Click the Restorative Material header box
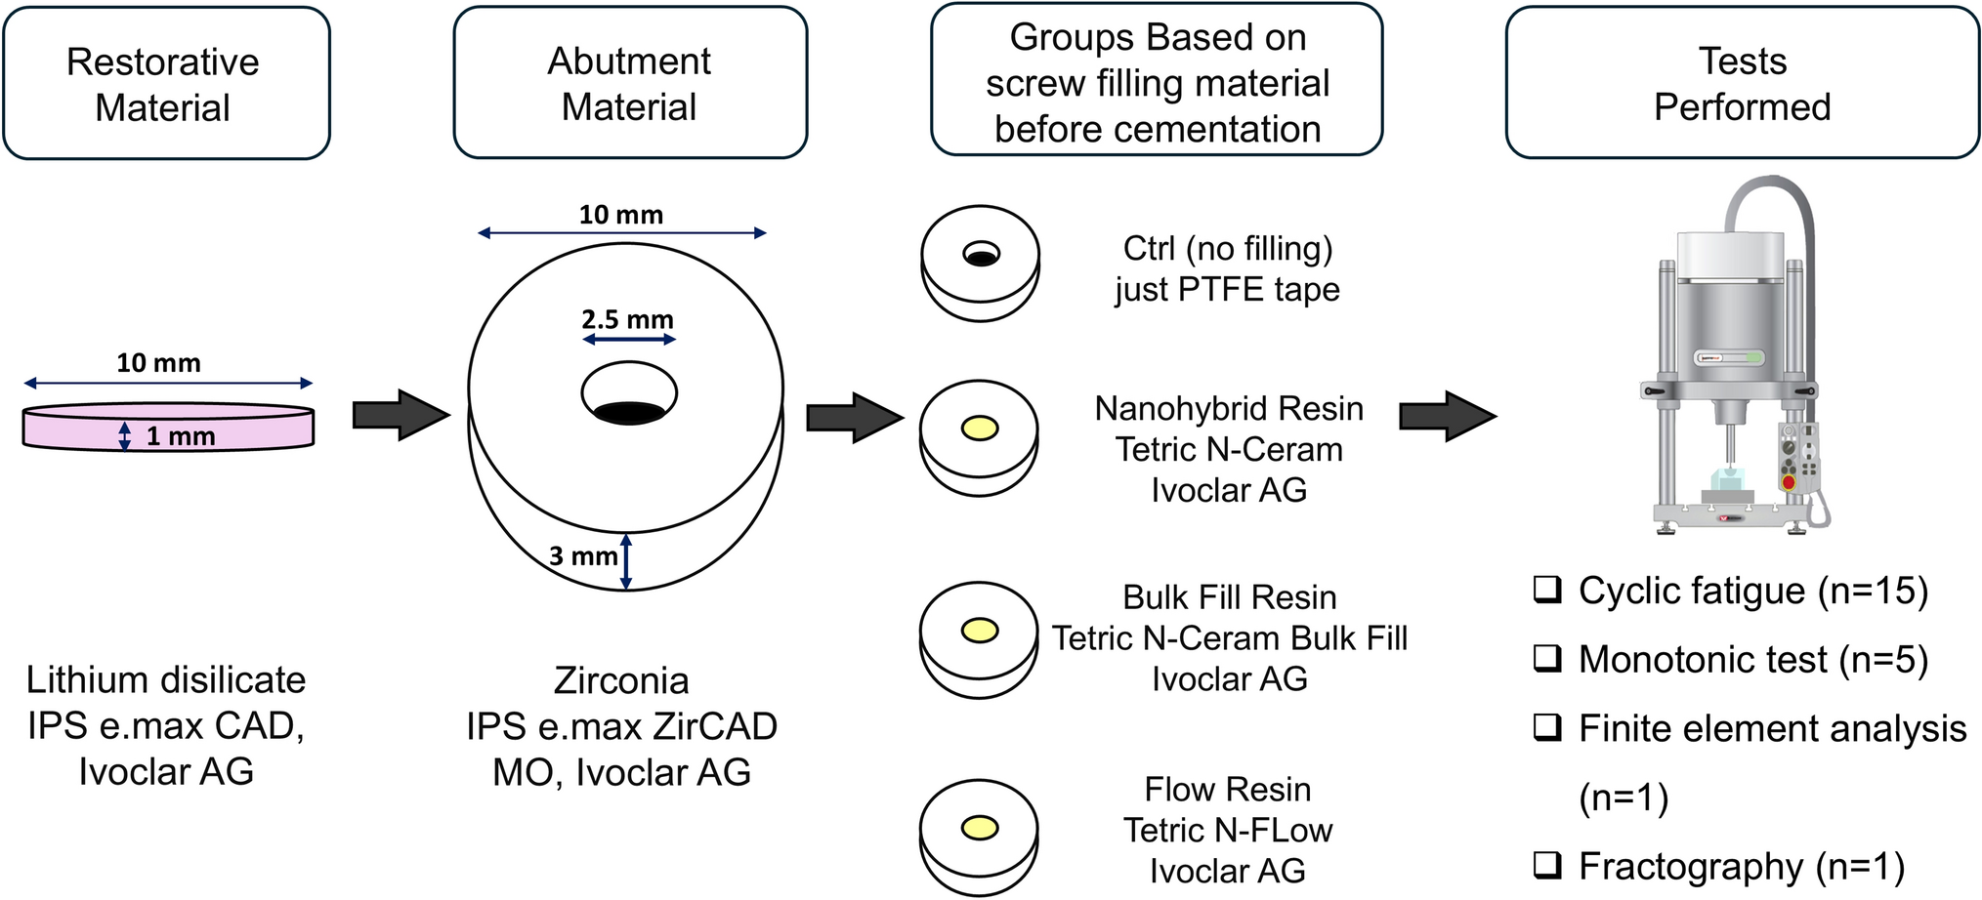coord(166,84)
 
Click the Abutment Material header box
coord(630,84)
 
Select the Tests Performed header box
coord(1742,84)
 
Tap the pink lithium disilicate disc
coord(168,428)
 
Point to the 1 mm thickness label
coord(180,436)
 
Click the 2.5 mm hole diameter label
coord(627,319)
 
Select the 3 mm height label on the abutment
coord(583,556)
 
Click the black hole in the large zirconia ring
coord(629,410)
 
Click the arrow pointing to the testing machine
coord(1447,416)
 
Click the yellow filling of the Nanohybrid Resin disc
coord(980,429)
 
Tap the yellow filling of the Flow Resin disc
coord(980,829)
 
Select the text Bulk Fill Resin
coord(1229,597)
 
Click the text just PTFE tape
coord(1227,290)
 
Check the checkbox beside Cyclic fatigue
coord(1547,590)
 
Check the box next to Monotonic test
coord(1547,659)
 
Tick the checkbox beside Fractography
coord(1547,865)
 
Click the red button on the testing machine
coord(1789,482)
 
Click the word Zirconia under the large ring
coord(621,680)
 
